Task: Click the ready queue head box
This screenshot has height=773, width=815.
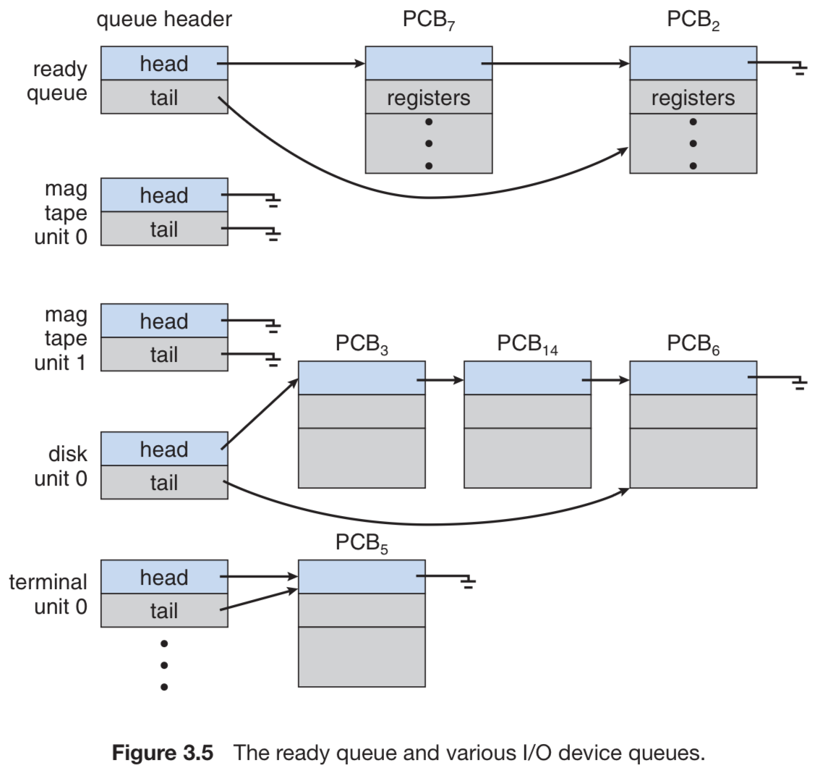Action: pyautogui.click(x=164, y=63)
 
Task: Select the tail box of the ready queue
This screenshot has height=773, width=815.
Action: pyautogui.click(x=164, y=97)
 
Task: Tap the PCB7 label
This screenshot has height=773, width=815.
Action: pyautogui.click(x=429, y=20)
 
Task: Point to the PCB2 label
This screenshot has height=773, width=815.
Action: pyautogui.click(x=694, y=20)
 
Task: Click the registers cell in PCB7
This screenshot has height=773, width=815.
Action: pyautogui.click(x=429, y=97)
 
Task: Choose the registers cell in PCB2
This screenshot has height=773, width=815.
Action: pyautogui.click(x=694, y=97)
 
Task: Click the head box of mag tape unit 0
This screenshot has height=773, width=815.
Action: pyautogui.click(x=164, y=195)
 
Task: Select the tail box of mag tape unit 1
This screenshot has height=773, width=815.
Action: pyautogui.click(x=164, y=354)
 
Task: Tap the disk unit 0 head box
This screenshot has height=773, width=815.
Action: pyautogui.click(x=164, y=449)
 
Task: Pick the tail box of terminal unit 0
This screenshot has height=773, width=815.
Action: pyautogui.click(x=164, y=610)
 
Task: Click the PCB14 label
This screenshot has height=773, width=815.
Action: pyautogui.click(x=528, y=345)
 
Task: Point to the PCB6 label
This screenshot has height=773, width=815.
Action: pyautogui.click(x=694, y=345)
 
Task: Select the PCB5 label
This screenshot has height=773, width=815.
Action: pyautogui.click(x=362, y=543)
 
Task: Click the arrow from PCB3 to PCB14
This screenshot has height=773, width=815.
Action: pyautogui.click(x=440, y=380)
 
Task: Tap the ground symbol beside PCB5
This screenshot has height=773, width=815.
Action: pyautogui.click(x=468, y=582)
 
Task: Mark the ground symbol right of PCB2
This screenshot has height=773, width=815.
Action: pyautogui.click(x=799, y=68)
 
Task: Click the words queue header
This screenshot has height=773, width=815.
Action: pyautogui.click(x=164, y=20)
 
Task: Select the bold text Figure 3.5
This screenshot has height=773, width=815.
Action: pyautogui.click(x=163, y=753)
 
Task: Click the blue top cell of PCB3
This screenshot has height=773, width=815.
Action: pyautogui.click(x=362, y=378)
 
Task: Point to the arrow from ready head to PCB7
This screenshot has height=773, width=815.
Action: pyautogui.click(x=291, y=64)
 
